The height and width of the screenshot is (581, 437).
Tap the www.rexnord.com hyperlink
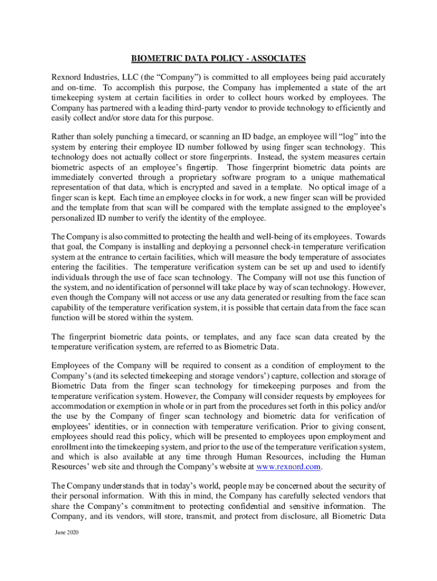(x=289, y=466)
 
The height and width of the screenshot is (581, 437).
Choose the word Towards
(x=368, y=236)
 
